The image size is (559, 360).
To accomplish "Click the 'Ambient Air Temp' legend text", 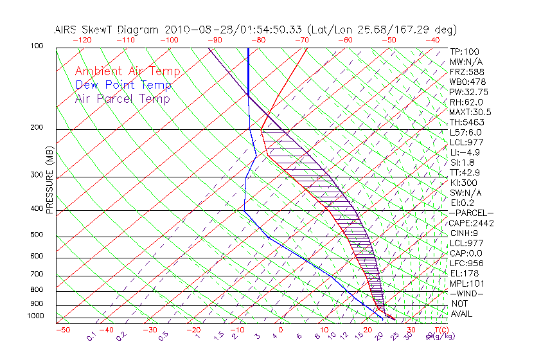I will (x=127, y=71).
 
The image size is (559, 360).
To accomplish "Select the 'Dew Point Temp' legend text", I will (x=123, y=85).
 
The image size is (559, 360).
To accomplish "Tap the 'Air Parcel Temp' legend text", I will (x=122, y=98).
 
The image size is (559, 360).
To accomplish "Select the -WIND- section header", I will (x=468, y=293).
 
